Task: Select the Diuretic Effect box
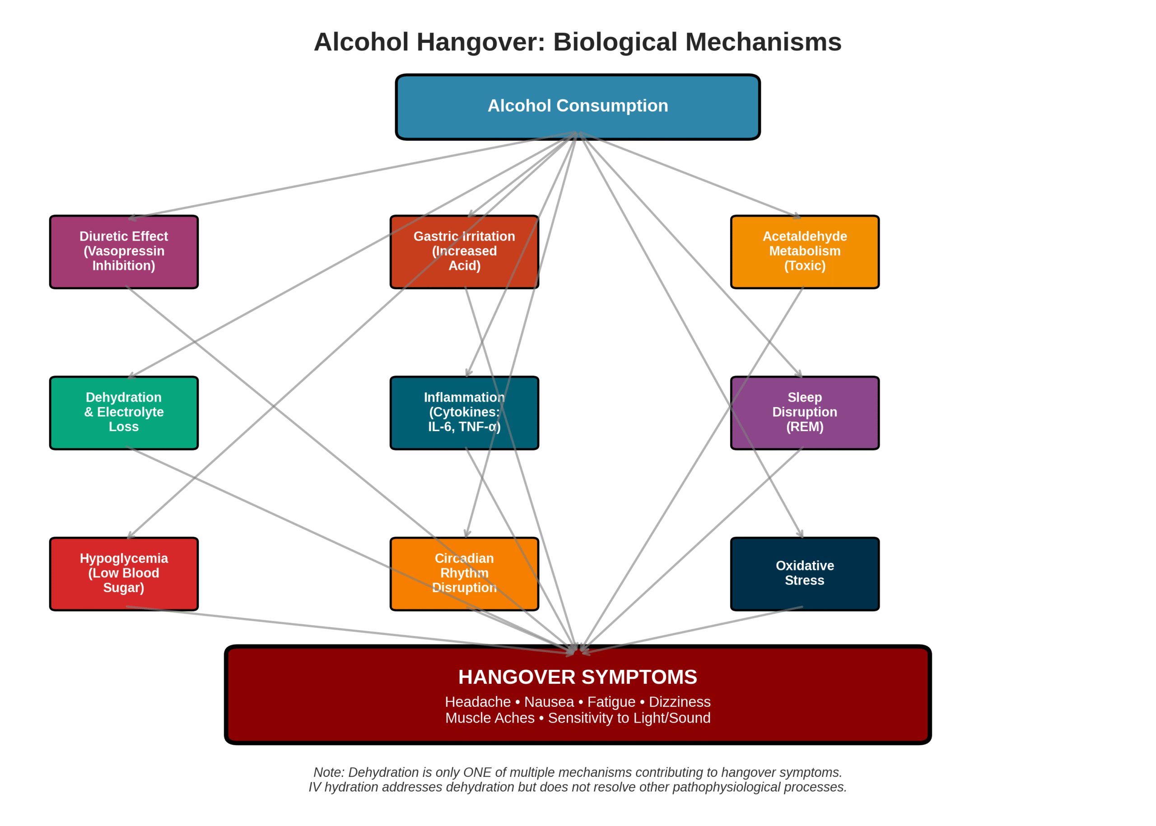[124, 252]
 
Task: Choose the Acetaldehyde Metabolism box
[804, 252]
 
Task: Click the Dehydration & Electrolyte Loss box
[124, 413]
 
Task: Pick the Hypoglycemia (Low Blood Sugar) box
[124, 573]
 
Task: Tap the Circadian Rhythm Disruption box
[464, 573]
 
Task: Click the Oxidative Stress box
[804, 573]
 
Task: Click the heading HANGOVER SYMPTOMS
[578, 677]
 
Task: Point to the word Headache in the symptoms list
[477, 702]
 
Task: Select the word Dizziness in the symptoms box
[679, 702]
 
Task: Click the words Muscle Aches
[489, 718]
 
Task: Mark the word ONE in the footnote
[477, 772]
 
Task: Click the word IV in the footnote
[314, 787]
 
